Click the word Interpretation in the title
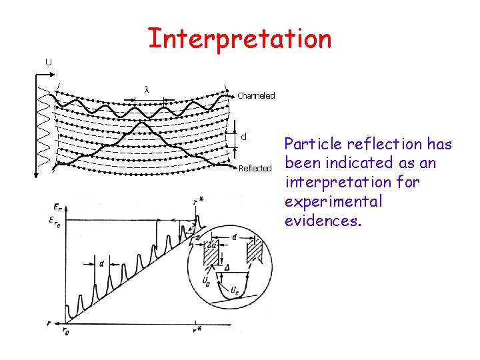coord(239,39)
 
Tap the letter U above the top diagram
coord(48,62)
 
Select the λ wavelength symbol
coord(147,90)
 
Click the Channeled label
coord(256,96)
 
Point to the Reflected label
coord(255,168)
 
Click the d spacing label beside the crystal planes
coord(244,136)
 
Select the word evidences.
coord(323,221)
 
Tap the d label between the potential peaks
coord(101,264)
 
